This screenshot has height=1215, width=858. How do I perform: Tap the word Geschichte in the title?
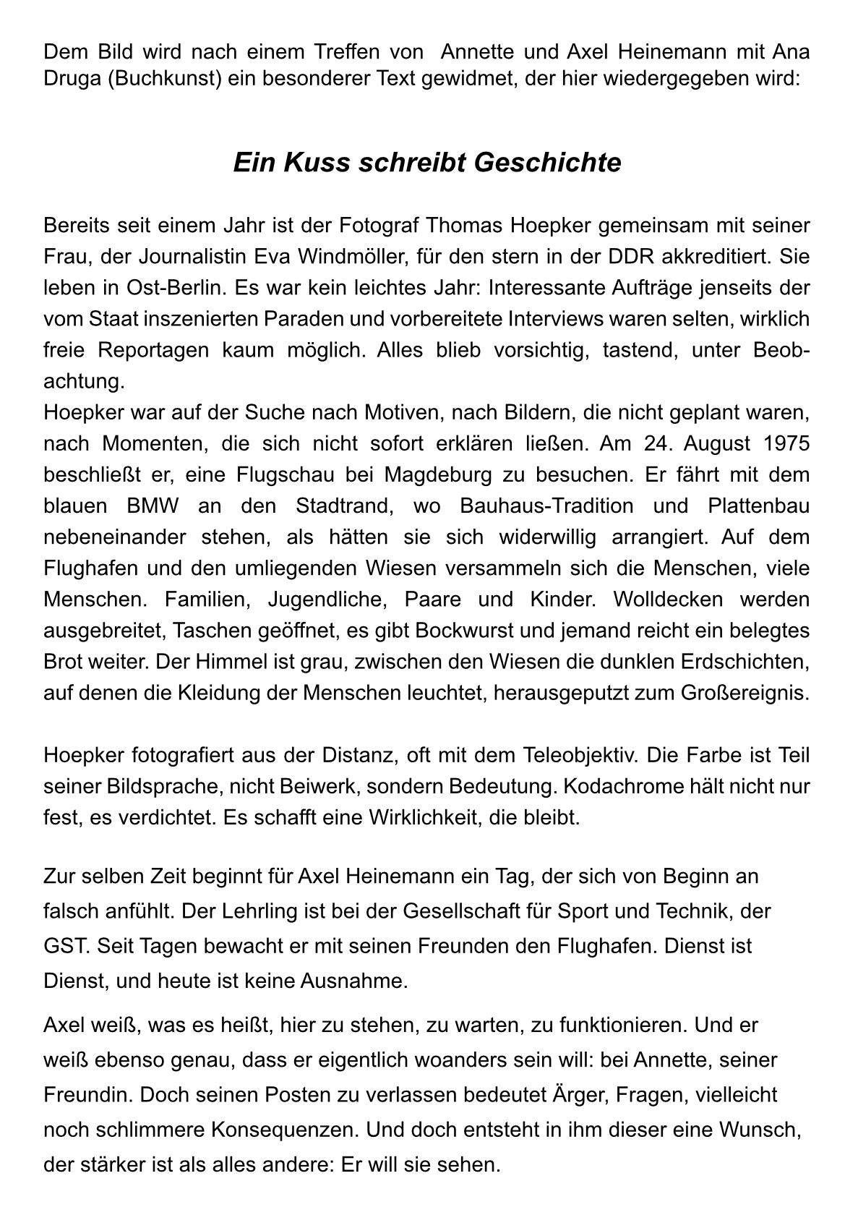(547, 163)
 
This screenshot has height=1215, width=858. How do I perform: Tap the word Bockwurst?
(455, 631)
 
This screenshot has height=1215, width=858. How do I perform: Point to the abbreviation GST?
(64, 946)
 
